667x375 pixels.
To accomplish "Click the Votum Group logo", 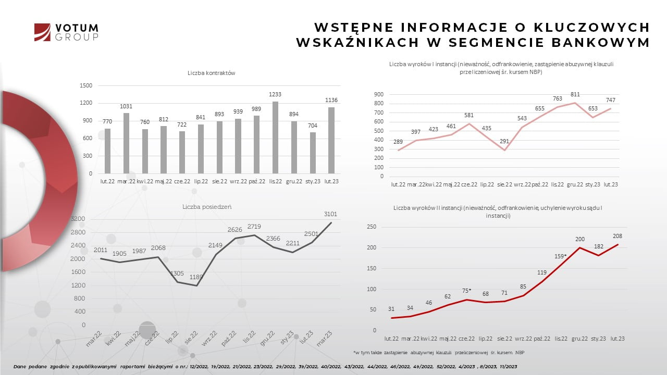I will pyautogui.click(x=66, y=32).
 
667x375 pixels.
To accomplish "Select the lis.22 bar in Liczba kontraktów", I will pyautogui.click(x=275, y=137).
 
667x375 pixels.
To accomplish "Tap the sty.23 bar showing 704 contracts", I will pyautogui.click(x=313, y=153).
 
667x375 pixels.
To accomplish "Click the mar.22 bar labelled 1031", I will pyautogui.click(x=126, y=143).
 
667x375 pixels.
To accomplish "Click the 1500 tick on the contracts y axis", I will pyautogui.click(x=86, y=85).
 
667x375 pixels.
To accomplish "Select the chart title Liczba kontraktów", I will pyautogui.click(x=212, y=73).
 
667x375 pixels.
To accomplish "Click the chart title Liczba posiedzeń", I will pyautogui.click(x=207, y=207).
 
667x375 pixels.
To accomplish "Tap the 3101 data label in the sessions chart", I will pyautogui.click(x=330, y=214).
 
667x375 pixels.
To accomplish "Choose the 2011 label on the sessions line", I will pyautogui.click(x=101, y=250).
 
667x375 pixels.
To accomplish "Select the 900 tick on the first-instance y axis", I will pyautogui.click(x=379, y=94).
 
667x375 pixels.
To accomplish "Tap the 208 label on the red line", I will pyautogui.click(x=617, y=236).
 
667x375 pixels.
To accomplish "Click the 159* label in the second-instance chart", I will pyautogui.click(x=561, y=256).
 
